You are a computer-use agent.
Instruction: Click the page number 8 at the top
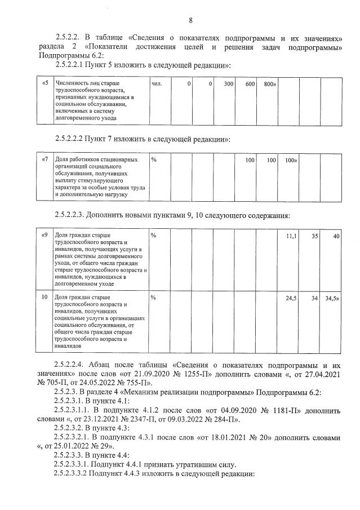tap(190, 21)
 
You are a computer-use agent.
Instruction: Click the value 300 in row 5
tap(228, 84)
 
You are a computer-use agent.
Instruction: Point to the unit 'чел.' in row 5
tap(157, 84)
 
